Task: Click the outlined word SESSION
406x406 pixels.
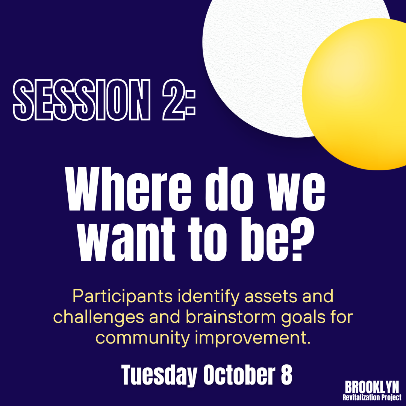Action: [x=82, y=100]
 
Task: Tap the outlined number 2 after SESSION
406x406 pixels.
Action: [x=174, y=100]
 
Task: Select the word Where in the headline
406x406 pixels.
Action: [x=128, y=189]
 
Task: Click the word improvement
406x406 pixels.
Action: [x=253, y=338]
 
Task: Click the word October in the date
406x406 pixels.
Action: [x=239, y=375]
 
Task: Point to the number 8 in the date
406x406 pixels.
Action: [x=286, y=375]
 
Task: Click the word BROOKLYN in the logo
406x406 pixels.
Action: [x=372, y=387]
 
